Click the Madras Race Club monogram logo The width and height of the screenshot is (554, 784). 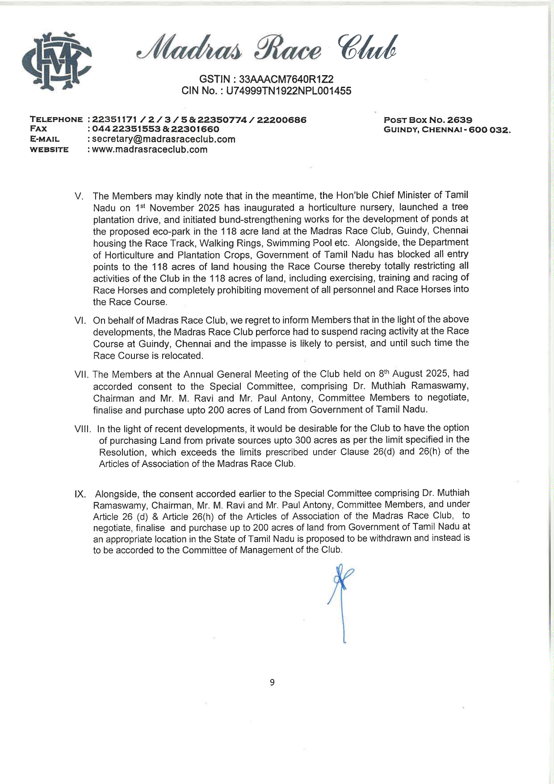pyautogui.click(x=57, y=61)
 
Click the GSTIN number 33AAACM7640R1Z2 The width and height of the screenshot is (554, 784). pyautogui.click(x=286, y=79)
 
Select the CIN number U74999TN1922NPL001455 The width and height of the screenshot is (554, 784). pyautogui.click(x=289, y=91)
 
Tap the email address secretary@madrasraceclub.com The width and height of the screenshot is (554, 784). pyautogui.click(x=164, y=139)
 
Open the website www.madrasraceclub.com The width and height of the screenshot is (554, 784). pyautogui.click(x=150, y=150)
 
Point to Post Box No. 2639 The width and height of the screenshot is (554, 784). pyautogui.click(x=428, y=120)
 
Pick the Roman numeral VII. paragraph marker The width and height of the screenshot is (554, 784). pyautogui.click(x=82, y=374)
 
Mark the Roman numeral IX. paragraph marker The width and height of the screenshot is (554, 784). pyautogui.click(x=80, y=494)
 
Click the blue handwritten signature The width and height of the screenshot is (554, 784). pyautogui.click(x=342, y=599)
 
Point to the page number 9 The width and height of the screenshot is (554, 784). pyautogui.click(x=272, y=682)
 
